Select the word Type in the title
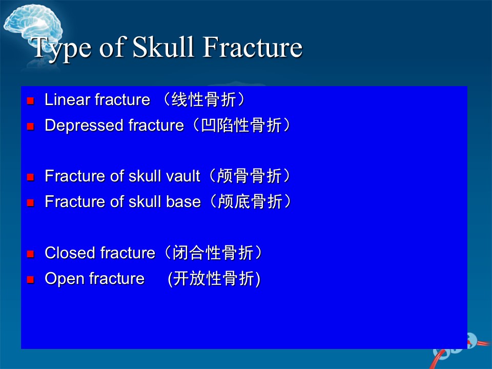point(61,49)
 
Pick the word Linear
point(67,99)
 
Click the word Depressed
point(84,126)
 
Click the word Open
point(65,279)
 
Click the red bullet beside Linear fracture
point(30,101)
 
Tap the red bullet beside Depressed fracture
point(30,127)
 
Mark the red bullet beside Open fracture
point(30,280)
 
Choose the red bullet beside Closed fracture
point(30,254)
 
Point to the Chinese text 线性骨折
point(203,100)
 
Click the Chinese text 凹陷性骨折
point(241,126)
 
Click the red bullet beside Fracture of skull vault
point(30,177)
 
